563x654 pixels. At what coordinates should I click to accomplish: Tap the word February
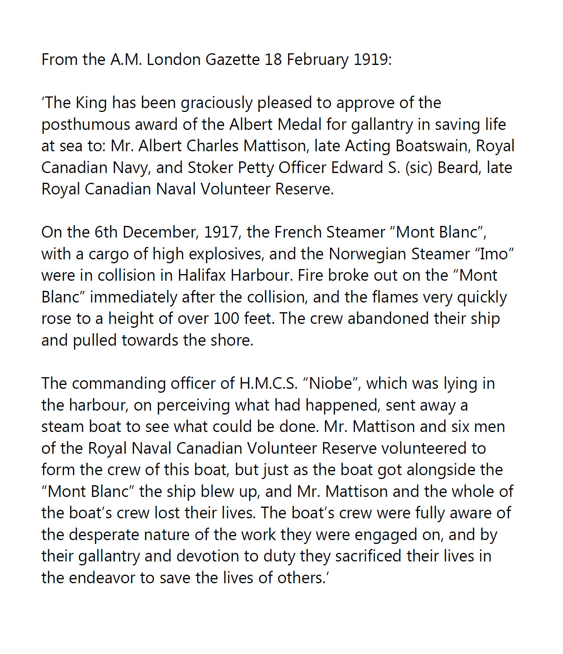point(318,59)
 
